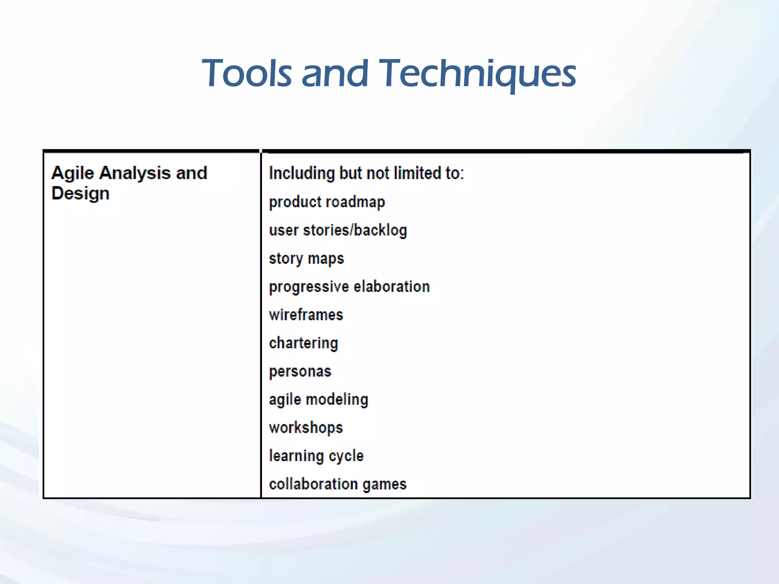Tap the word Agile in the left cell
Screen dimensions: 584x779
point(73,173)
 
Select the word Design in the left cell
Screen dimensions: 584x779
point(80,194)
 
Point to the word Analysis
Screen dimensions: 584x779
point(135,173)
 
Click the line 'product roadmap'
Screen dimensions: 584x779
point(327,202)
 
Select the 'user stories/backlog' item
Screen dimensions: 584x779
point(338,230)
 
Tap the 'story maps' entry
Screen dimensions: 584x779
point(306,259)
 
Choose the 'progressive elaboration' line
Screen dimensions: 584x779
point(349,287)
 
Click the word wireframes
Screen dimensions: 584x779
point(306,315)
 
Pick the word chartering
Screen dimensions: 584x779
point(303,343)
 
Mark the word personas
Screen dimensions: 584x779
point(300,371)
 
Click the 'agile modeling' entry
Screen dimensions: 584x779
point(318,400)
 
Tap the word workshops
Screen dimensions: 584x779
point(306,428)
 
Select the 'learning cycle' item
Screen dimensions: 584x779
point(316,456)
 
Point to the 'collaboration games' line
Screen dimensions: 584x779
point(337,484)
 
